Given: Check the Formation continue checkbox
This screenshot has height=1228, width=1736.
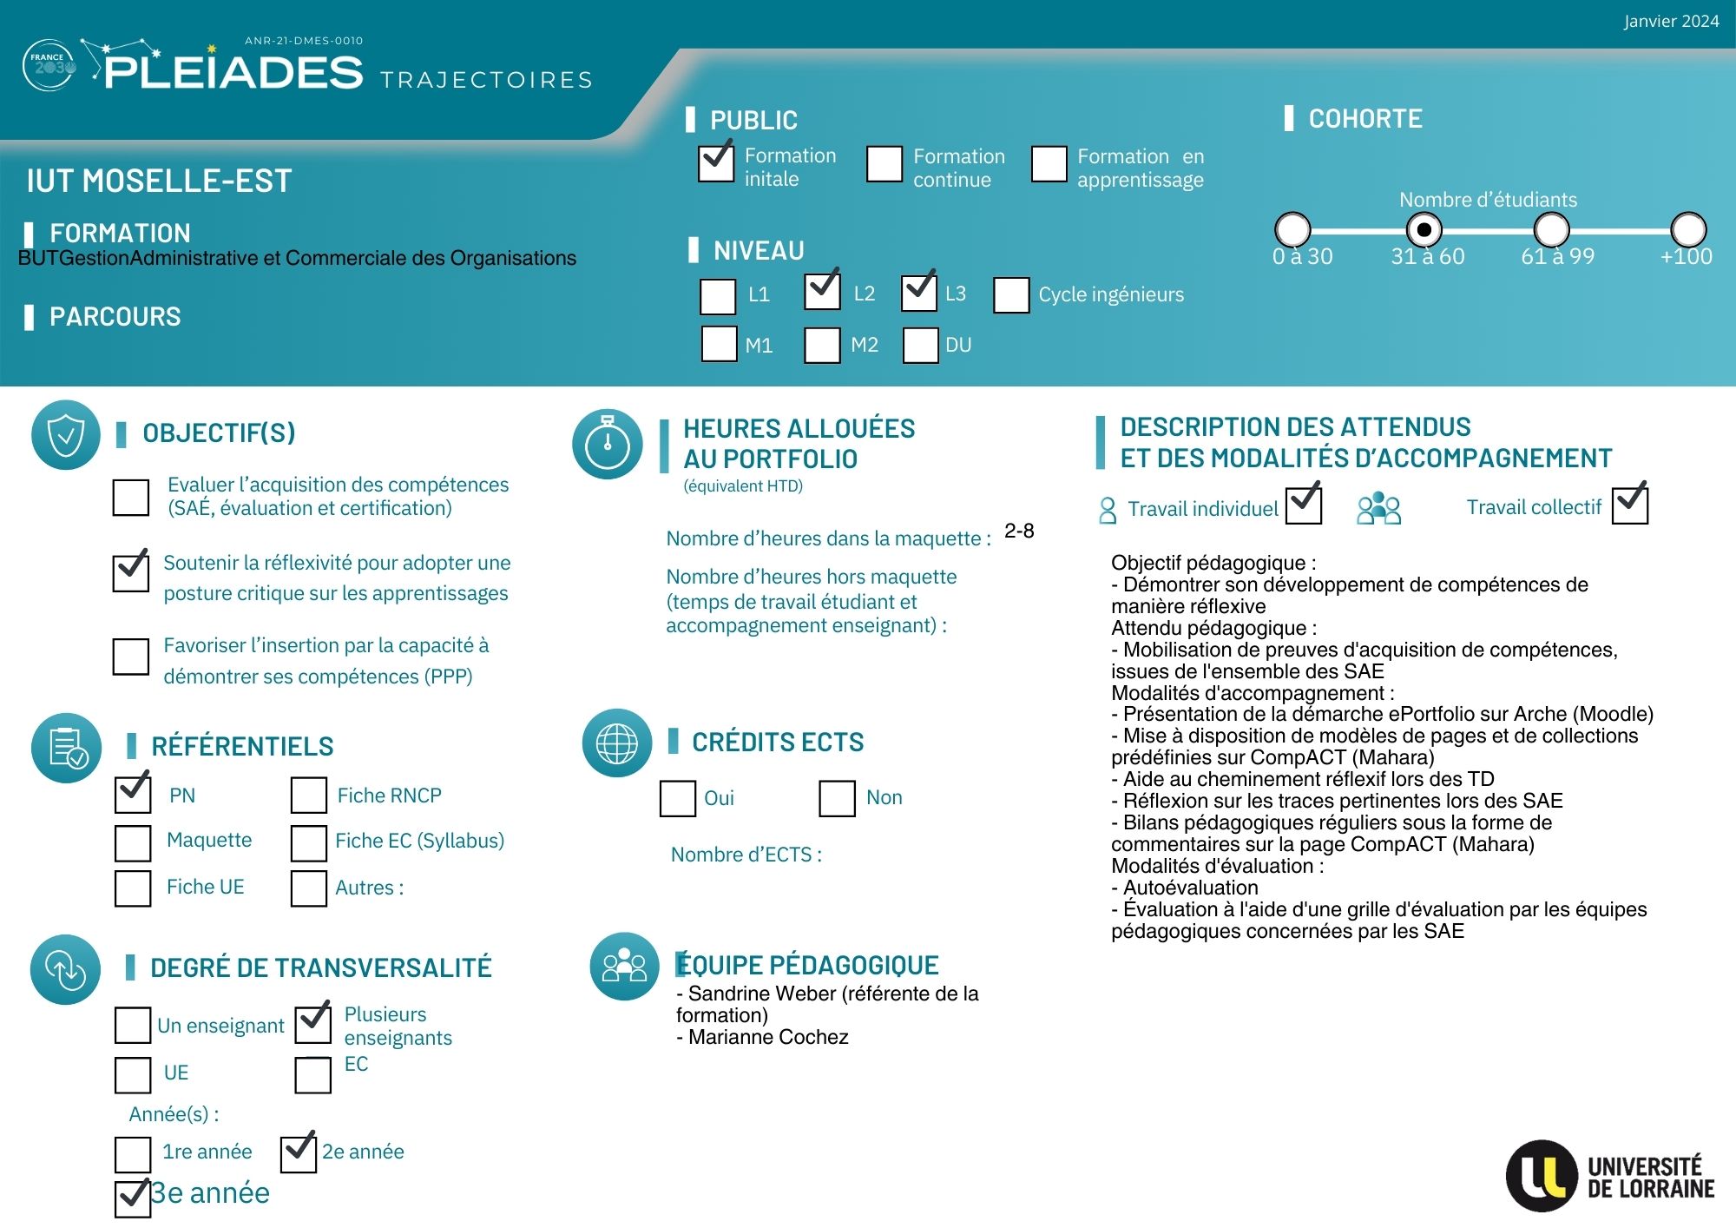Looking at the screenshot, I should tap(884, 164).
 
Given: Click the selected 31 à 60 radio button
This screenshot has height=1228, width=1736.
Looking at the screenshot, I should tap(1424, 230).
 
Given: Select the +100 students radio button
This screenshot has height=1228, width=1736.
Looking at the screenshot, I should tap(1688, 230).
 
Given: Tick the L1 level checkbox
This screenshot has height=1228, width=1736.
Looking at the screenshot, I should tap(718, 296).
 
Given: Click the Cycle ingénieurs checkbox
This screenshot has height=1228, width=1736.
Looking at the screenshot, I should tap(1011, 295).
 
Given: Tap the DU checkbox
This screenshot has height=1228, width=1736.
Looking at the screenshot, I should tap(920, 345).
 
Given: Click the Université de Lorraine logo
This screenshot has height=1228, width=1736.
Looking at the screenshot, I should tap(1610, 1176).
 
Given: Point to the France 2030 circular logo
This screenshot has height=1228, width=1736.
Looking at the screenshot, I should tap(49, 65).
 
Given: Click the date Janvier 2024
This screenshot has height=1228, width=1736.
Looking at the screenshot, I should tap(1671, 22).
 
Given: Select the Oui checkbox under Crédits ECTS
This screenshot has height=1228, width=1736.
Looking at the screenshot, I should tap(678, 798).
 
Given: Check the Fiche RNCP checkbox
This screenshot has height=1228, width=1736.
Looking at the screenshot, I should tap(309, 795).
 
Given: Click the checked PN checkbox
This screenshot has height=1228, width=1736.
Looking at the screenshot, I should tap(133, 795).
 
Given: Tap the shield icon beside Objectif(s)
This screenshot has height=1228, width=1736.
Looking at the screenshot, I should tap(66, 435).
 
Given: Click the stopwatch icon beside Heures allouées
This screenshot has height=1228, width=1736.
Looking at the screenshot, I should tap(608, 444).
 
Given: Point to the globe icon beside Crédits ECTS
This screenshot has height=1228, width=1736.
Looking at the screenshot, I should tap(617, 743).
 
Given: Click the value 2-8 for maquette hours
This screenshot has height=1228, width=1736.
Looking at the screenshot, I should tap(1019, 531).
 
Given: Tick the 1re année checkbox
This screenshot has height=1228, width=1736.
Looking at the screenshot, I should tap(133, 1154).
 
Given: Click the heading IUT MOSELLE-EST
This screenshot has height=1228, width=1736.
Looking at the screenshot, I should tap(159, 181).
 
